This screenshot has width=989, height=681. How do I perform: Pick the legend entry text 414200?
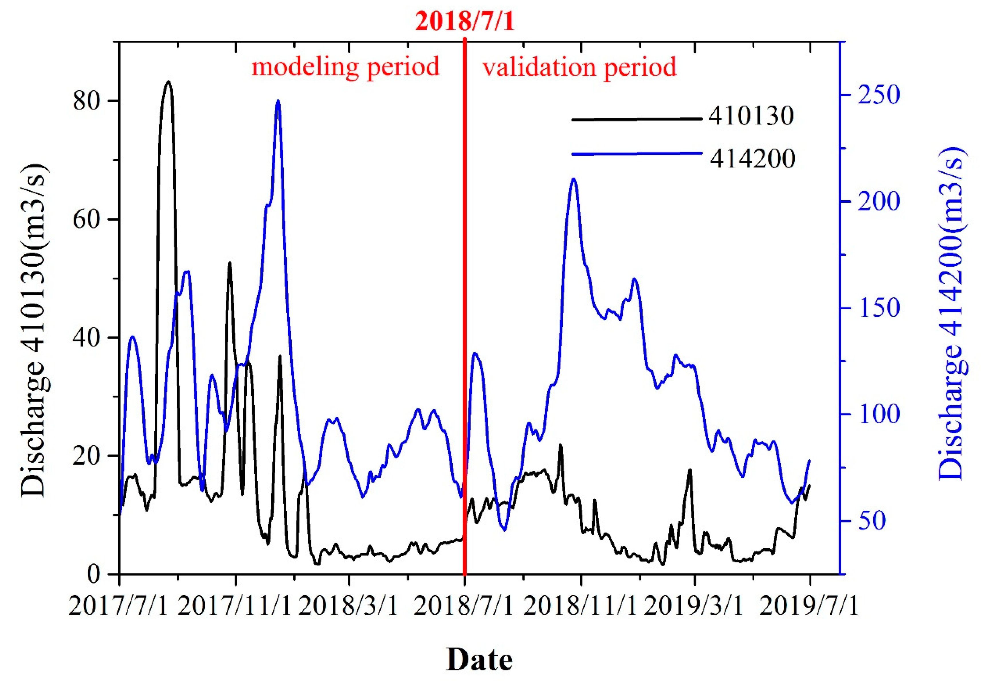pyautogui.click(x=752, y=159)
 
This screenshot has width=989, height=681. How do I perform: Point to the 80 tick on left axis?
pyautogui.click(x=87, y=101)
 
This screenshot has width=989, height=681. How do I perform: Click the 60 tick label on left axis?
pyautogui.click(x=87, y=219)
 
